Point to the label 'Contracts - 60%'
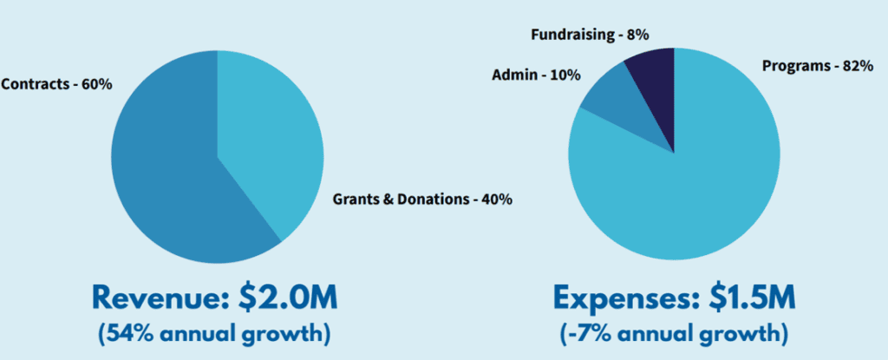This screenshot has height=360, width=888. click(x=57, y=85)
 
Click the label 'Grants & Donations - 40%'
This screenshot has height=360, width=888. click(x=422, y=200)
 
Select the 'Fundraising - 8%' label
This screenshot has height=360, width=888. click(x=589, y=35)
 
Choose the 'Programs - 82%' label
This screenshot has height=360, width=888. click(x=817, y=66)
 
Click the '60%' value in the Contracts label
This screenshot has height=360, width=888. click(x=97, y=85)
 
